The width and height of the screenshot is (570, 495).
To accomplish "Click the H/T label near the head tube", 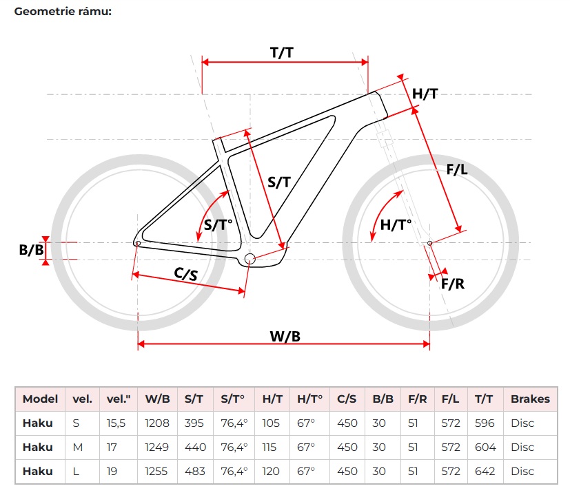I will click(425, 94).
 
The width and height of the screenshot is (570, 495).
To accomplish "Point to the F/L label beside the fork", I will click(456, 169).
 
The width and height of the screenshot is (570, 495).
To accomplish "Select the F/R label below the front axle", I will click(452, 283).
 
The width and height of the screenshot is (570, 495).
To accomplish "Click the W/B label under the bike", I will click(285, 336).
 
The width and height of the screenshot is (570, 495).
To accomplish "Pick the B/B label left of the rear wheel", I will click(31, 250).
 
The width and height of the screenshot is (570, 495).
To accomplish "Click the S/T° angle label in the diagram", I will click(220, 224).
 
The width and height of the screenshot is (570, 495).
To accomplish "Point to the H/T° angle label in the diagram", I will click(396, 224).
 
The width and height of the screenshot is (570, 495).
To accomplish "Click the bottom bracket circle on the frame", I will click(250, 259).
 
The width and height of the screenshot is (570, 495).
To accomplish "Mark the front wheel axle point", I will click(430, 243).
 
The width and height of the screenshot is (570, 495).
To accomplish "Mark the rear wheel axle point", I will click(138, 243).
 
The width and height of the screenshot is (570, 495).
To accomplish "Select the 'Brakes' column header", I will click(530, 399).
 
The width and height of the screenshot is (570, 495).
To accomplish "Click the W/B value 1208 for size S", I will click(157, 423).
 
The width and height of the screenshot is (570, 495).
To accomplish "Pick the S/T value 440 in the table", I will click(196, 447).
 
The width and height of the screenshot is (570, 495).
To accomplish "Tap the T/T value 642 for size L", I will click(485, 471).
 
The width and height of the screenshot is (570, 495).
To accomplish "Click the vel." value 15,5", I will click(116, 423).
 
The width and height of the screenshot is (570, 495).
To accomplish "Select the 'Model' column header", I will click(40, 399).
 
